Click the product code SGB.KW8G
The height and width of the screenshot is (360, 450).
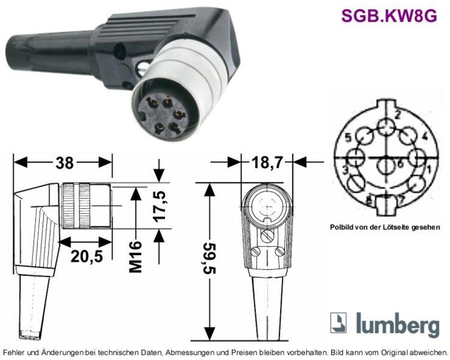389,16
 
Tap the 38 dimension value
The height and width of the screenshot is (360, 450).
65,163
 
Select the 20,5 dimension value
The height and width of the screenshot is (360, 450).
86,256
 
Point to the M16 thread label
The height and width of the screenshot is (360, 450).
136,256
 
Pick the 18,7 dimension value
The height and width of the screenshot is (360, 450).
267,163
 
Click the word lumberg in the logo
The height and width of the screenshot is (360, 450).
398,325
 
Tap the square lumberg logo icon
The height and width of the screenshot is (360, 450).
338,323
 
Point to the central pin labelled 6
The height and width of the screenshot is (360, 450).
386,167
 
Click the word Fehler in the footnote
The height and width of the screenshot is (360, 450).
13,352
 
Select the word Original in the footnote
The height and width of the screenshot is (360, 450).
393,352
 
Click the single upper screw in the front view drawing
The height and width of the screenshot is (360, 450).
268,236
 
